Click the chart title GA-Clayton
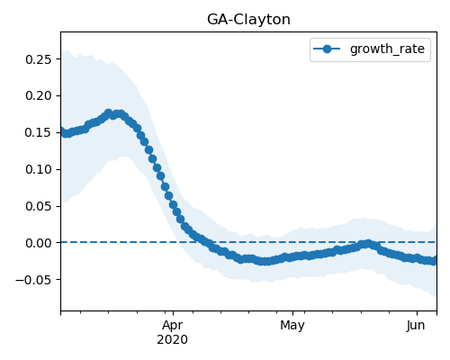coord(248,20)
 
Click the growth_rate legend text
coord(387,49)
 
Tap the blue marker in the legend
coord(327,49)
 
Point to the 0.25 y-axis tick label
coord(39,59)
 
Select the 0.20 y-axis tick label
coord(39,96)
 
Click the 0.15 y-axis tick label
coord(39,132)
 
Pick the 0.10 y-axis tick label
coord(39,169)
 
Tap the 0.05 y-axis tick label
coord(39,206)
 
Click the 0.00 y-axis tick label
coord(39,243)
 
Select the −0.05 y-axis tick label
coord(33,280)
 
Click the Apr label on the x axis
coord(173,325)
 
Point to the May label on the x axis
coord(292,325)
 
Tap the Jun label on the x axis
coord(416,325)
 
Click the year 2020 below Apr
coord(173,339)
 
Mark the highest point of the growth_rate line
coord(109,113)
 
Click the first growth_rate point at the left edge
coord(61,131)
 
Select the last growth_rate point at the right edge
coord(434,261)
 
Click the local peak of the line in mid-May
coord(368,244)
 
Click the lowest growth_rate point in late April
coord(264,261)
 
